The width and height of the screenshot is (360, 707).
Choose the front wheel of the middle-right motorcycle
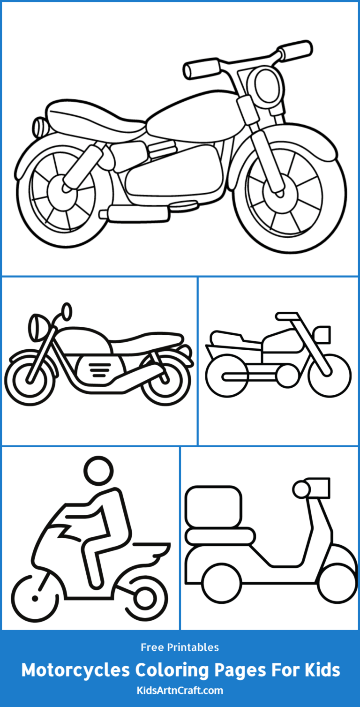330,376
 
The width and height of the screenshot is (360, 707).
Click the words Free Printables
180,647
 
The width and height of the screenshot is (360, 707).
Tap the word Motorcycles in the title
76,670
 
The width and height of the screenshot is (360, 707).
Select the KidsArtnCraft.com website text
180,691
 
